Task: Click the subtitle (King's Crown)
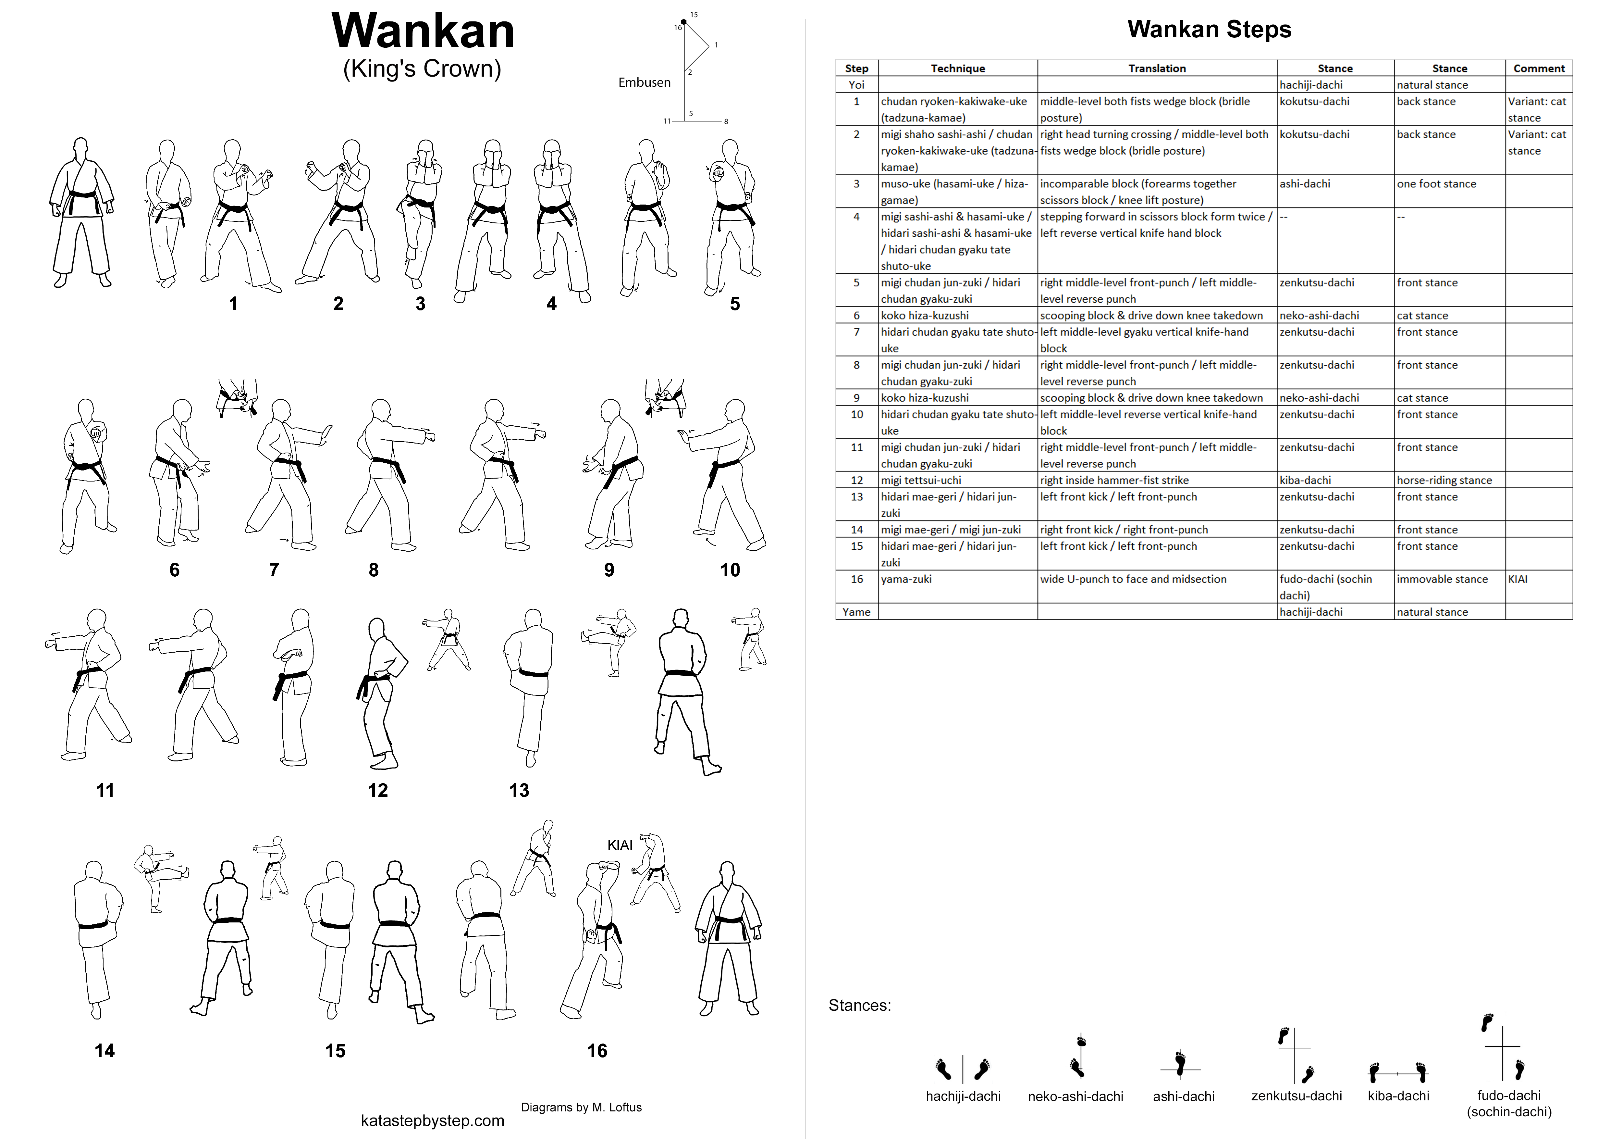(422, 69)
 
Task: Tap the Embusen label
(645, 82)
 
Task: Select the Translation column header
(1157, 68)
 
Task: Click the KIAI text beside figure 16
(620, 845)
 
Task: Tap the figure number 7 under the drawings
(274, 569)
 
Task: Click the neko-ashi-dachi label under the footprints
(1076, 1096)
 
